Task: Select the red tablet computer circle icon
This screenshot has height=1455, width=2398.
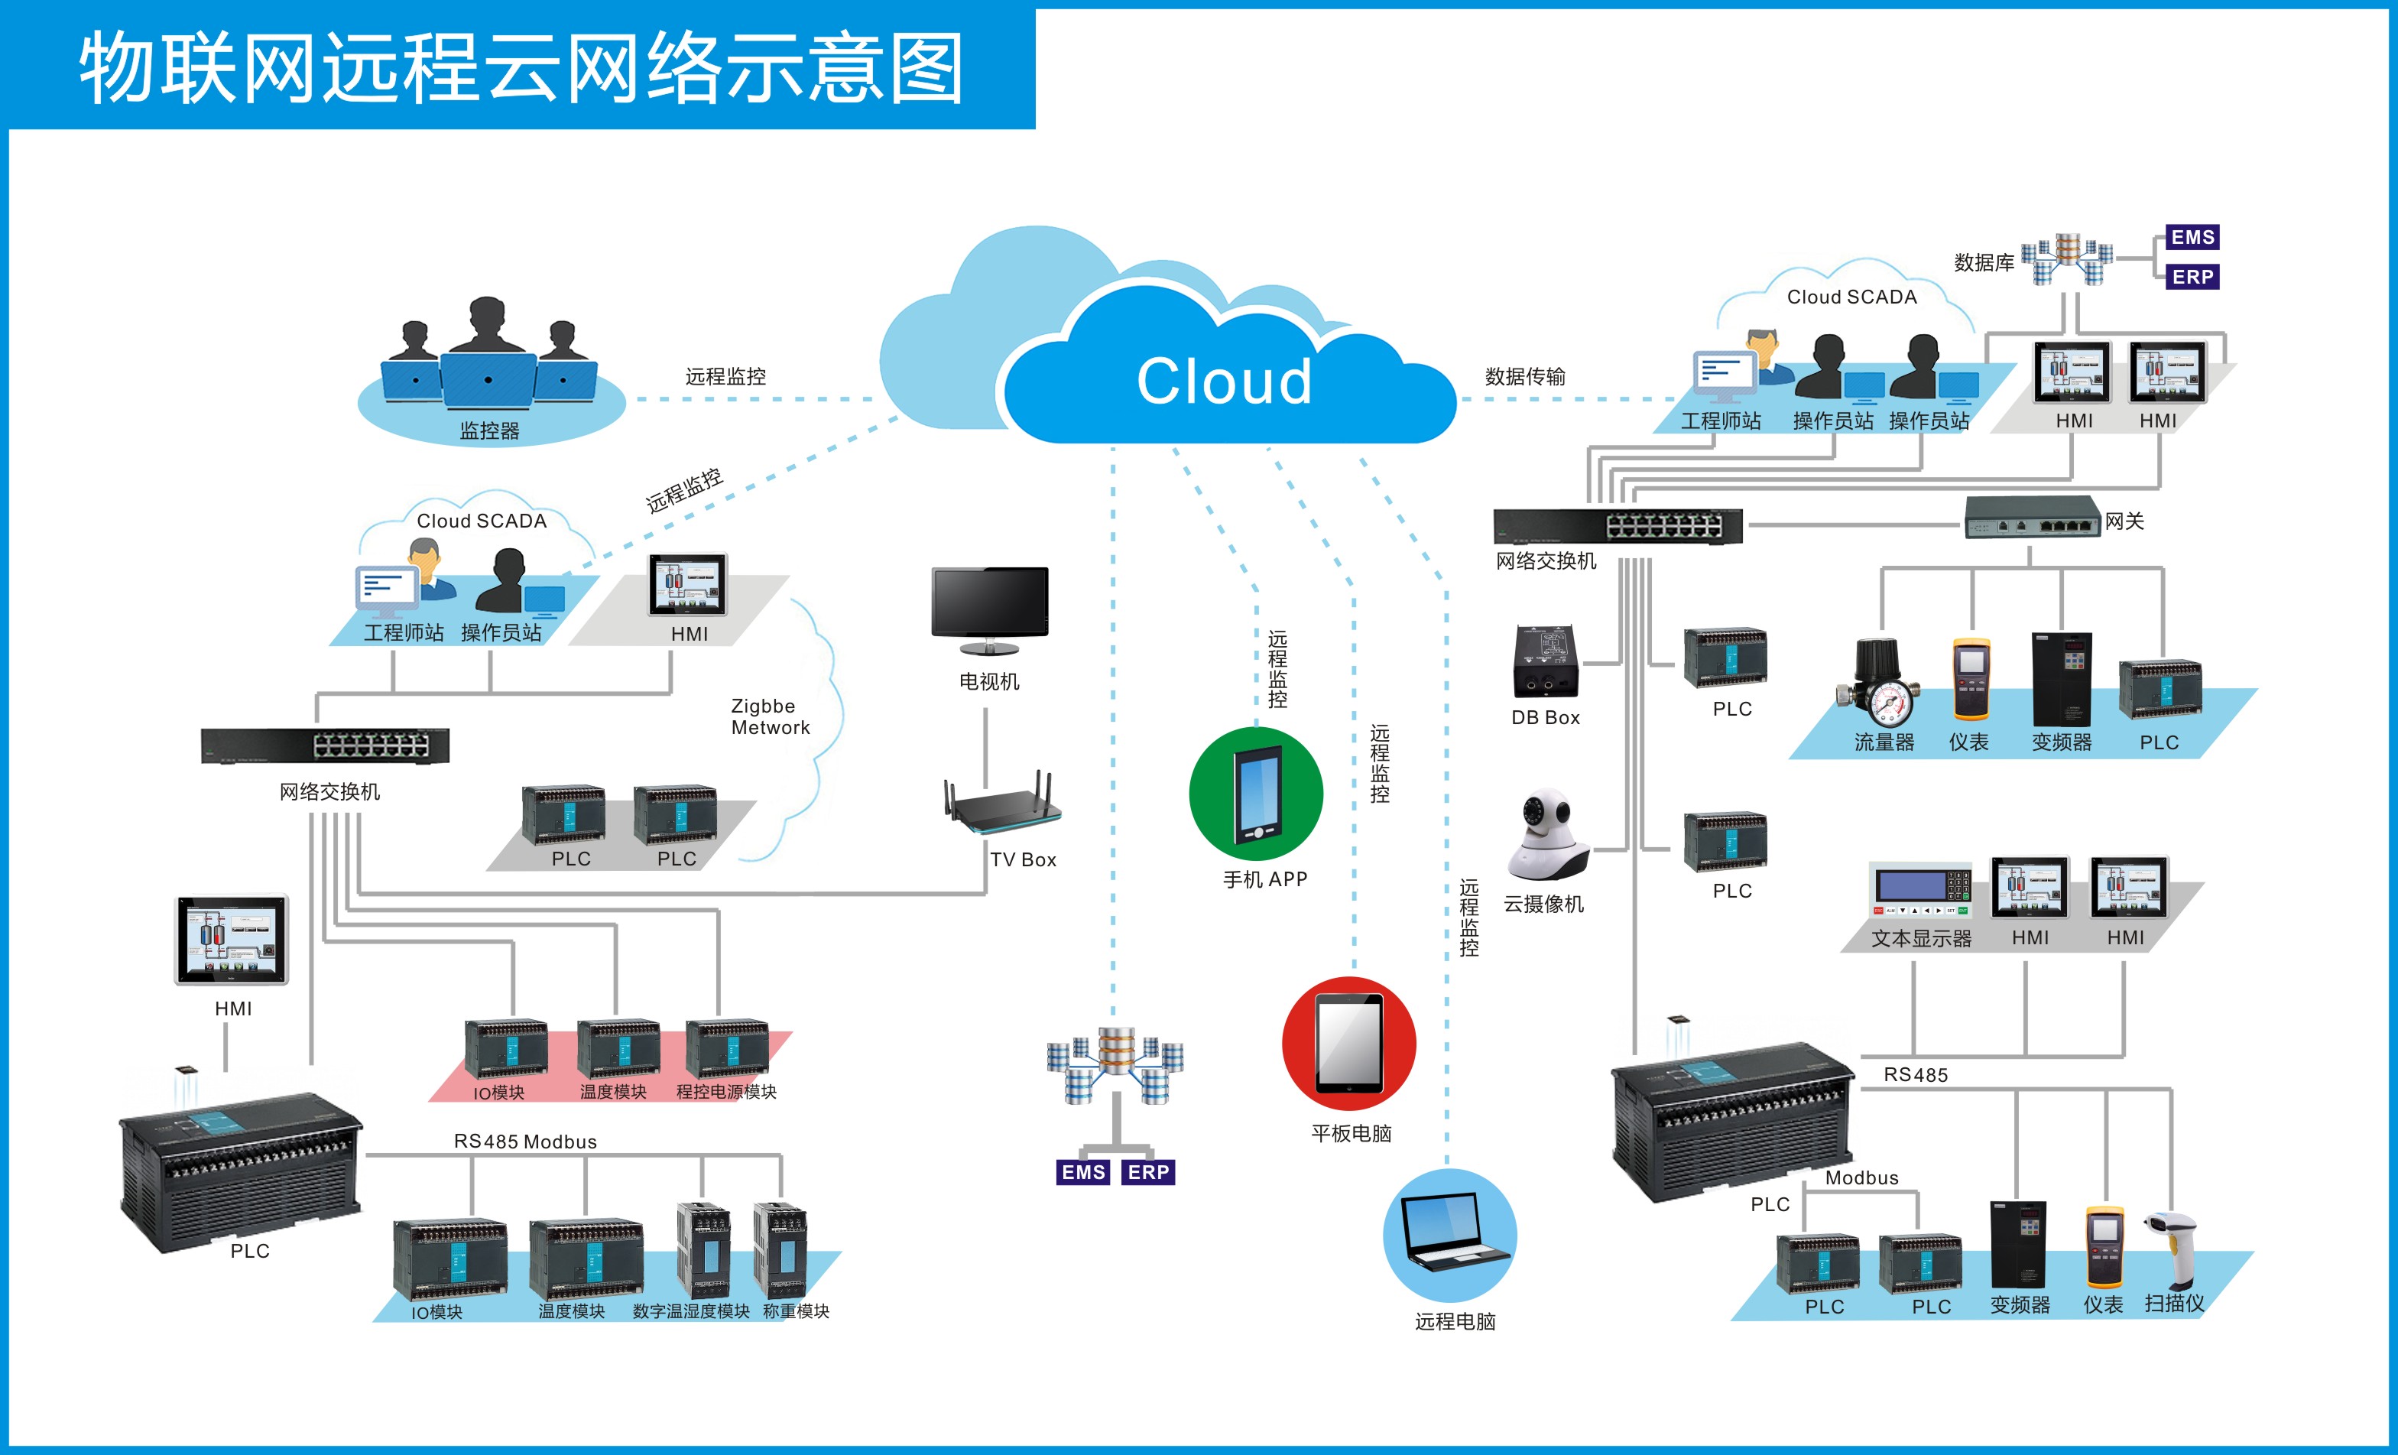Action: (x=1349, y=1044)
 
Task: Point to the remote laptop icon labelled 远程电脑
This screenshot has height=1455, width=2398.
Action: (x=1450, y=1234)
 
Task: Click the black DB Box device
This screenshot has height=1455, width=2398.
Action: (x=1546, y=662)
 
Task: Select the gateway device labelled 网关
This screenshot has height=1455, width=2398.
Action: (x=2032, y=518)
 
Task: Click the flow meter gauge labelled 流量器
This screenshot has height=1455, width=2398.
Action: (x=1880, y=684)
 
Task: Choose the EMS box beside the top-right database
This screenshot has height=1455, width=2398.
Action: (x=2192, y=238)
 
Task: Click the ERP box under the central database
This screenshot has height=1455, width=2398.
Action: (x=1148, y=1172)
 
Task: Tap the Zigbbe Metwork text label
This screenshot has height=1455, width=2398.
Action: (x=770, y=716)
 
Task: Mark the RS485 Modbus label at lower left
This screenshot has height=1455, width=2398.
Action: (x=525, y=1142)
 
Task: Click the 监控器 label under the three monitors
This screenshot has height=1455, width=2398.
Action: (x=489, y=431)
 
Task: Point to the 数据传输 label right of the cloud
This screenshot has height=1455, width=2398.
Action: (x=1525, y=377)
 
